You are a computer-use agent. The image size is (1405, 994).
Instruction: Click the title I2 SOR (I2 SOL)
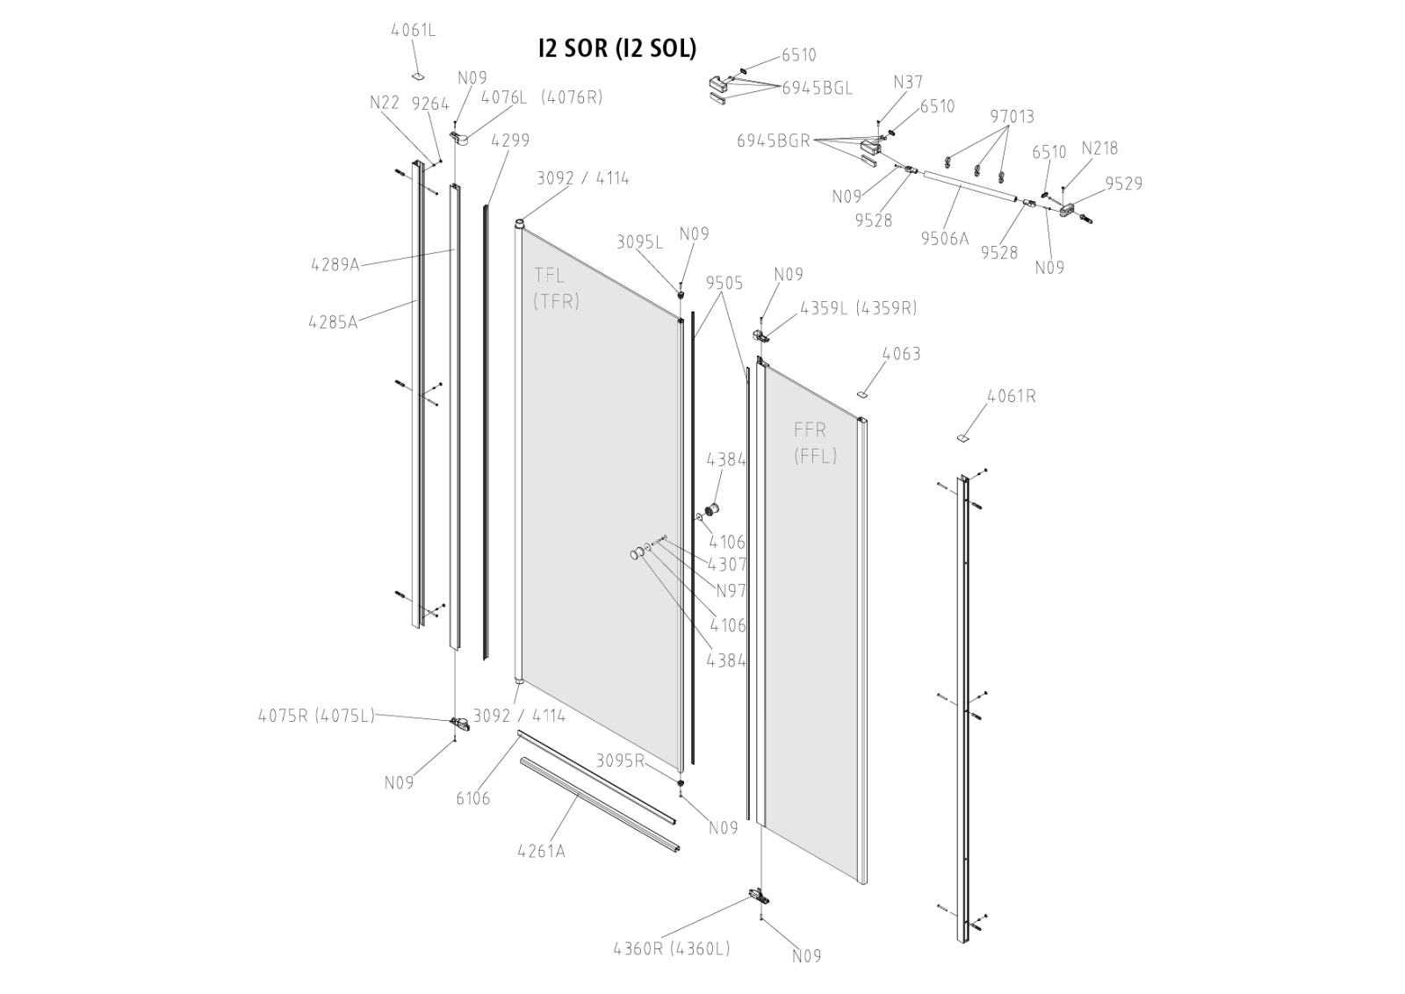pyautogui.click(x=616, y=48)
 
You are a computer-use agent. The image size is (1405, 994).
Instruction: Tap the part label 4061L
pyautogui.click(x=413, y=31)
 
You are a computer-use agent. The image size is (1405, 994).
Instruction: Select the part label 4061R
pyautogui.click(x=1011, y=396)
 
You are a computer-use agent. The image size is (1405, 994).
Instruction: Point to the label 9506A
pyautogui.click(x=944, y=238)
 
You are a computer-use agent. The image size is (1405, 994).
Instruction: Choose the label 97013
pyautogui.click(x=1012, y=117)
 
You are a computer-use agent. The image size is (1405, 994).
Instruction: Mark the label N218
pyautogui.click(x=1099, y=148)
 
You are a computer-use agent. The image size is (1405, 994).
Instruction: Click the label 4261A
pyautogui.click(x=541, y=851)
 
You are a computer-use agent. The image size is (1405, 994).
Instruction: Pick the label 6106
pyautogui.click(x=473, y=798)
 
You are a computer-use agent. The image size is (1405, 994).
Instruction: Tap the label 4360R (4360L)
pyautogui.click(x=672, y=948)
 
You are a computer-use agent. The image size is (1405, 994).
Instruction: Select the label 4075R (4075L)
pyautogui.click(x=316, y=715)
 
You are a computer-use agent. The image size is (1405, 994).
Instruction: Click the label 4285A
pyautogui.click(x=333, y=321)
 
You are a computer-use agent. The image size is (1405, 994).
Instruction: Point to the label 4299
pyautogui.click(x=510, y=140)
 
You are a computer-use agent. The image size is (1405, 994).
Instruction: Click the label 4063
pyautogui.click(x=901, y=354)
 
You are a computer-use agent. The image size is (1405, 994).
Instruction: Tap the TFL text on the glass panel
pyautogui.click(x=549, y=276)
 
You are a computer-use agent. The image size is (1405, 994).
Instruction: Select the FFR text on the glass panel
pyautogui.click(x=810, y=430)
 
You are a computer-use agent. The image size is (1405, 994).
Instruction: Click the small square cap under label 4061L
pyautogui.click(x=418, y=74)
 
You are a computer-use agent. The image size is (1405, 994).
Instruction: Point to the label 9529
pyautogui.click(x=1123, y=184)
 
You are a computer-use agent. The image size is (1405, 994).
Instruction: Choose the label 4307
pyautogui.click(x=727, y=565)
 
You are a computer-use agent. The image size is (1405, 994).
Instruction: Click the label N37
pyautogui.click(x=908, y=83)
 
